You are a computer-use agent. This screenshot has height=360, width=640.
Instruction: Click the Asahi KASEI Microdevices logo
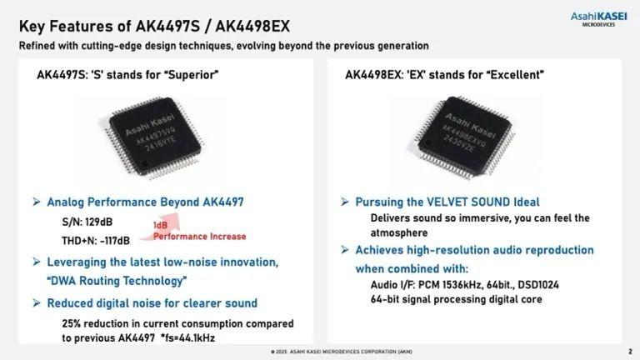[598, 19]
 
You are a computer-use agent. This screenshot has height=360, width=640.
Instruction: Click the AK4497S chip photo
[155, 137]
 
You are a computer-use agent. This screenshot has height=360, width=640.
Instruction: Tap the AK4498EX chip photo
[465, 137]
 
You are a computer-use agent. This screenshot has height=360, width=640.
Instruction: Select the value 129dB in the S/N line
[99, 222]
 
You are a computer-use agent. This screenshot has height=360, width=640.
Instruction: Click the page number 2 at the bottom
[630, 352]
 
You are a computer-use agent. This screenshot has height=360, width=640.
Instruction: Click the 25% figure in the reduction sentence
[72, 323]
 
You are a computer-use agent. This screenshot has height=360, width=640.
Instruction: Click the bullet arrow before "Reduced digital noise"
[37, 302]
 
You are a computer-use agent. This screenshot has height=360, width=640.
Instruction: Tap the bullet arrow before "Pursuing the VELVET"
[345, 202]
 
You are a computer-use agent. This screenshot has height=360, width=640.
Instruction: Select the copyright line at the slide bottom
[341, 352]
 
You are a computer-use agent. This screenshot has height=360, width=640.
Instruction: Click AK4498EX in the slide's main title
[252, 27]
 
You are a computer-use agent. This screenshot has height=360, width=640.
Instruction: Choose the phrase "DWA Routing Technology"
[117, 281]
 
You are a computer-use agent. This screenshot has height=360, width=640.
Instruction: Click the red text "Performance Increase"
[200, 237]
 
